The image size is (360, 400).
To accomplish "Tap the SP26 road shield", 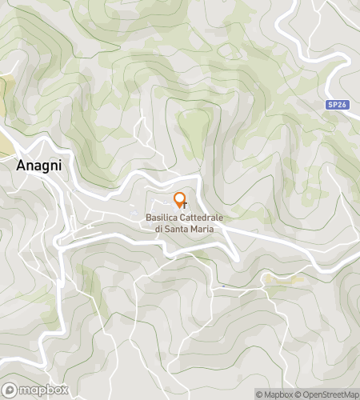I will [x=338, y=105].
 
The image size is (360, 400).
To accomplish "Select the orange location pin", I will [x=179, y=200].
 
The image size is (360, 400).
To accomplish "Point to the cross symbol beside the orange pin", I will [x=185, y=206].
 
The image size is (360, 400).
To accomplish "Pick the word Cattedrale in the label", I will [x=202, y=218].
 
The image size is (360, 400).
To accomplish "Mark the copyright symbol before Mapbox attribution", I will [x=258, y=394].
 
